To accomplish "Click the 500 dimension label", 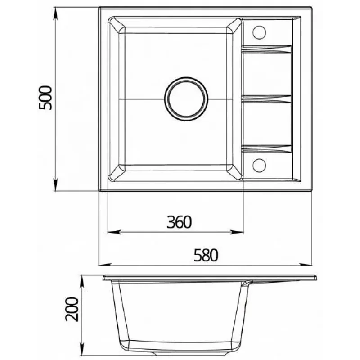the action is [x=45, y=98].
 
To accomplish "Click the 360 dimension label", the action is [x=179, y=222].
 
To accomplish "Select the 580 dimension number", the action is [x=206, y=255].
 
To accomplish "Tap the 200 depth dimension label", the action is [x=72, y=309].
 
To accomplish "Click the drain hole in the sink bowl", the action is [x=186, y=99].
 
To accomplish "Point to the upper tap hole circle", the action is [x=260, y=32].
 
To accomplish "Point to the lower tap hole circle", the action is [x=260, y=165].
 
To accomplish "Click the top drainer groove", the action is [x=266, y=49].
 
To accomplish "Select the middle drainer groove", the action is [x=266, y=99].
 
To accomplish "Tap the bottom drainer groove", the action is [x=266, y=149].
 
